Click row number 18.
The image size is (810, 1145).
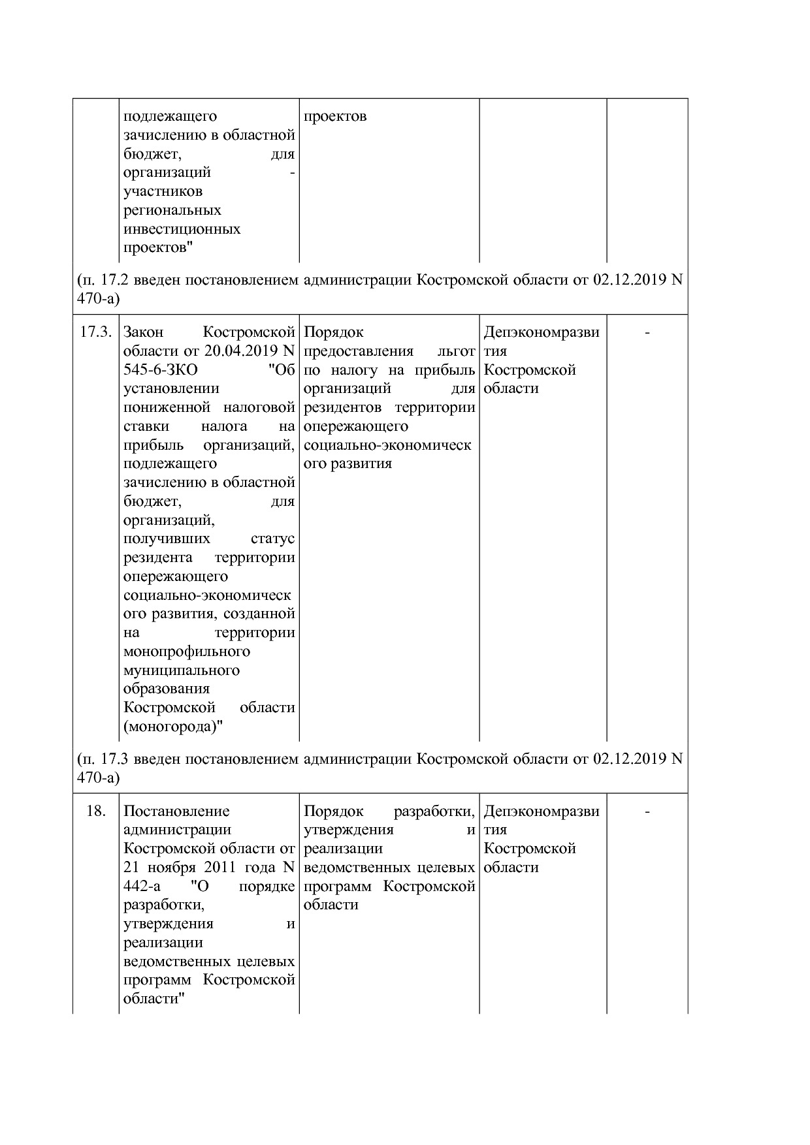[x=96, y=811]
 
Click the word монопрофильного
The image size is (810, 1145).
[x=187, y=651]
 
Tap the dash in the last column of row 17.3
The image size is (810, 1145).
[x=647, y=332]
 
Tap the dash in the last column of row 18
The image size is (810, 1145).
[x=647, y=811]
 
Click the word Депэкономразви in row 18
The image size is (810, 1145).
[x=542, y=811]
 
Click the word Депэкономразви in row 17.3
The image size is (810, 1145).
[x=542, y=332]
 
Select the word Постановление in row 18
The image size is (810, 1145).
[x=176, y=811]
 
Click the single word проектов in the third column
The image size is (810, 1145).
[x=335, y=117]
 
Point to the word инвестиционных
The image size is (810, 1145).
[x=182, y=229]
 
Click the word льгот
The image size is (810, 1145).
[x=456, y=351]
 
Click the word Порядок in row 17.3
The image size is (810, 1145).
[x=334, y=332]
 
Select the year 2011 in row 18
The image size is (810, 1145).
[x=223, y=868]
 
